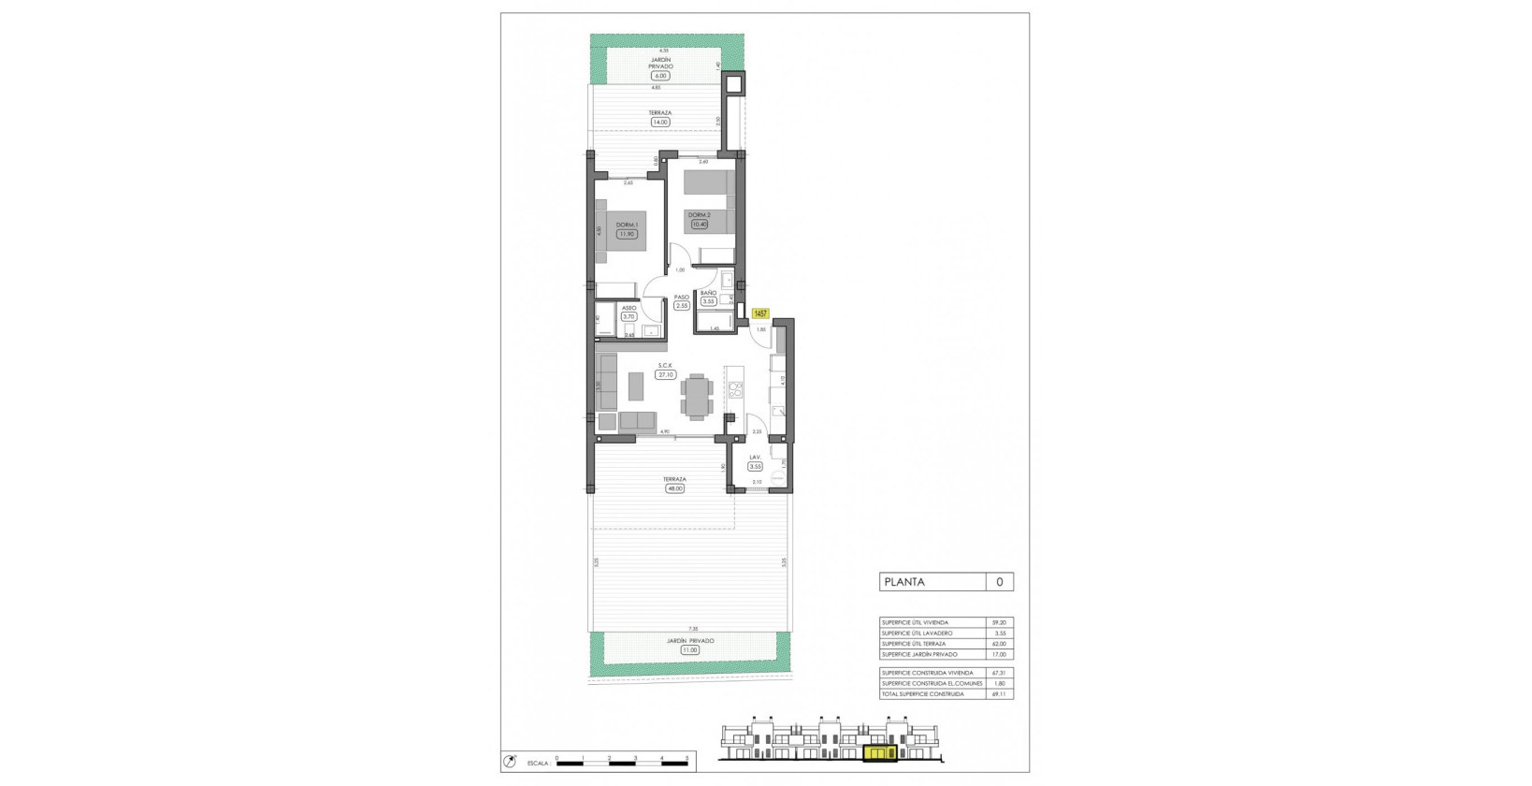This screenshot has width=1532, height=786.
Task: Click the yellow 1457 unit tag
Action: [760, 314]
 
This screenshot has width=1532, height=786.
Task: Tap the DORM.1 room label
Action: [627, 225]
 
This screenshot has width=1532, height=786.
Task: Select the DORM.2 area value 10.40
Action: [700, 225]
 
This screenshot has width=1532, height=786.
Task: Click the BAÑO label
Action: [708, 293]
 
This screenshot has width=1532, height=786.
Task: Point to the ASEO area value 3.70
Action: [629, 317]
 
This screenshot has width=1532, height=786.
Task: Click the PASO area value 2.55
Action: [682, 305]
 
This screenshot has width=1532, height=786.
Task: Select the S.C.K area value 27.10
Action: [666, 374]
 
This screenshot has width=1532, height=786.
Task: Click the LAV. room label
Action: [754, 458]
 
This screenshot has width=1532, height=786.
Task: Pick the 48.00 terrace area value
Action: [673, 488]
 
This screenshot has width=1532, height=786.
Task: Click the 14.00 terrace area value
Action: [660, 122]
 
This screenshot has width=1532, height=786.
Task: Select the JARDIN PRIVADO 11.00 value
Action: [690, 649]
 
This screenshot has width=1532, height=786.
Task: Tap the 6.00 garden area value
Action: [660, 76]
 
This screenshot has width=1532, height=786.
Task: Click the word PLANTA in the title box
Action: [904, 582]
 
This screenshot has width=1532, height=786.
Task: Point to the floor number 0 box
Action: [1000, 582]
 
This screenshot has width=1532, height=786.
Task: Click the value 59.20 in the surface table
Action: [1000, 622]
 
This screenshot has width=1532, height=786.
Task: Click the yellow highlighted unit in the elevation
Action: [879, 752]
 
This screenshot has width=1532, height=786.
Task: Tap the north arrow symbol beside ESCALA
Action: [510, 762]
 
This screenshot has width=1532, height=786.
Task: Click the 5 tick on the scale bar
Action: [687, 758]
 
